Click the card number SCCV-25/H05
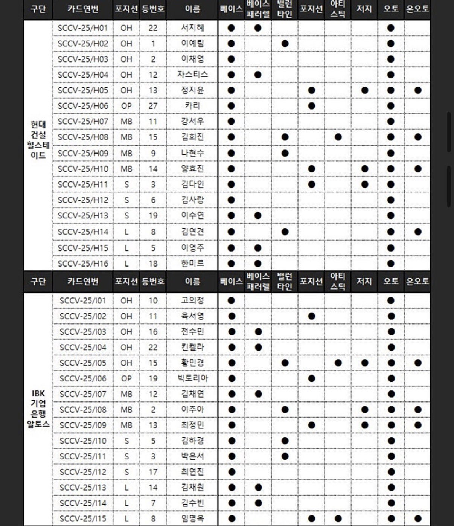point(83,90)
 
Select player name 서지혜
point(192,28)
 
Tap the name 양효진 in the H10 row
point(192,169)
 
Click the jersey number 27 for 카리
point(153,106)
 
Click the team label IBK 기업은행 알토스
point(38,409)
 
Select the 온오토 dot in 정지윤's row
point(417,90)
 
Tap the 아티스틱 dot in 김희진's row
point(338,137)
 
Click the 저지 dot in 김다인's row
point(364,184)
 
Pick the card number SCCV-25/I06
point(83,378)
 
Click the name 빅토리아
point(192,378)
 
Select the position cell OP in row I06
point(126,378)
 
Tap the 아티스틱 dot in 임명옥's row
point(338,518)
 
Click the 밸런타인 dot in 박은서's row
point(285,456)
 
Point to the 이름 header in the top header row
point(192,8)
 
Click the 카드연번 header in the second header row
point(83,281)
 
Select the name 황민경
point(192,363)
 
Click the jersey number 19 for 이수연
point(153,216)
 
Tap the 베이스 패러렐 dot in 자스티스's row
point(258,75)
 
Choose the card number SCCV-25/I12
point(83,472)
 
